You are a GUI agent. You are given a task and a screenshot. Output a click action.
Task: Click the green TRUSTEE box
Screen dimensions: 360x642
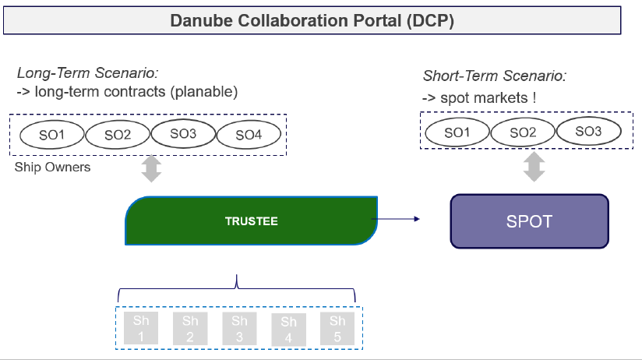tap(251, 221)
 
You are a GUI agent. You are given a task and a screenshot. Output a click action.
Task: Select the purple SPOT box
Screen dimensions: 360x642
tap(529, 221)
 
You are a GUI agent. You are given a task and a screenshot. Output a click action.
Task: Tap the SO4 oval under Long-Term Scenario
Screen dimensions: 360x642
tap(248, 135)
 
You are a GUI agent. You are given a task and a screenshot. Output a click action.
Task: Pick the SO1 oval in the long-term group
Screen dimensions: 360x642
tap(51, 135)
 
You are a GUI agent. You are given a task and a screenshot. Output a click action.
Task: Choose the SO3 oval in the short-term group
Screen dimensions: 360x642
tap(588, 132)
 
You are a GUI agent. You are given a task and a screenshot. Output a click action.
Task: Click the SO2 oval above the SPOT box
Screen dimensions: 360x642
tap(524, 132)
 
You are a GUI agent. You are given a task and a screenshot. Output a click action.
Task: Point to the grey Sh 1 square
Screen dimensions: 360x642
tap(140, 328)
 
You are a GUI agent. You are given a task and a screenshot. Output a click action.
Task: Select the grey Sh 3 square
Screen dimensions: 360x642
tap(239, 328)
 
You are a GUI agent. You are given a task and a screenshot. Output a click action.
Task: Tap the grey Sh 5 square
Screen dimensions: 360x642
tap(337, 328)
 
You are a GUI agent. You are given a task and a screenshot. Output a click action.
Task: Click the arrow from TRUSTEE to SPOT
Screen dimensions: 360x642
tap(399, 219)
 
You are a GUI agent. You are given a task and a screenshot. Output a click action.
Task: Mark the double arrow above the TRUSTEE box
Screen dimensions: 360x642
tap(151, 168)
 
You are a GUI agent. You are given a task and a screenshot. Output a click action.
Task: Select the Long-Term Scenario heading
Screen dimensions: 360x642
tap(87, 73)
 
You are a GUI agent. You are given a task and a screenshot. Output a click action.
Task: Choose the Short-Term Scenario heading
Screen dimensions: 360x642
tap(494, 76)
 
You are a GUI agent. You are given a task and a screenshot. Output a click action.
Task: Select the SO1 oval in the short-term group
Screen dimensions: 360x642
tap(457, 132)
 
